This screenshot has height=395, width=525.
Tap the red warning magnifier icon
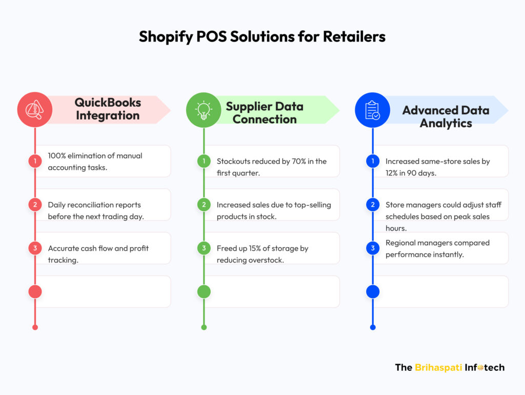[x=35, y=110]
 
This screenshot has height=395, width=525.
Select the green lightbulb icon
[x=204, y=110]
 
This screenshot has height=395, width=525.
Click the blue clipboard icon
[x=372, y=110]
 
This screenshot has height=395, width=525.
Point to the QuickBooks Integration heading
[x=108, y=109]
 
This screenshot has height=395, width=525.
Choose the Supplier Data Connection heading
[x=265, y=112]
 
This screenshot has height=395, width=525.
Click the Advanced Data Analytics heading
[x=446, y=116]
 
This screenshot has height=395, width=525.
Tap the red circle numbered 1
[x=35, y=161]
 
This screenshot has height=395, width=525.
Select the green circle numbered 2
[x=204, y=205]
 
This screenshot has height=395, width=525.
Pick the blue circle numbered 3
[x=373, y=248]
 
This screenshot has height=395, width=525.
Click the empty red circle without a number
[x=35, y=292]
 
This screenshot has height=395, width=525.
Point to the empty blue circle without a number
[x=373, y=292]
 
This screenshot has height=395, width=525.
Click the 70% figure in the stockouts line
[x=299, y=162]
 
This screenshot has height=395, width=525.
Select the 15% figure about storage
[x=255, y=249]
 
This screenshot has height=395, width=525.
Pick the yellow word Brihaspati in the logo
[x=438, y=367]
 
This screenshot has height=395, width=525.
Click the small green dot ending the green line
[x=204, y=327]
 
